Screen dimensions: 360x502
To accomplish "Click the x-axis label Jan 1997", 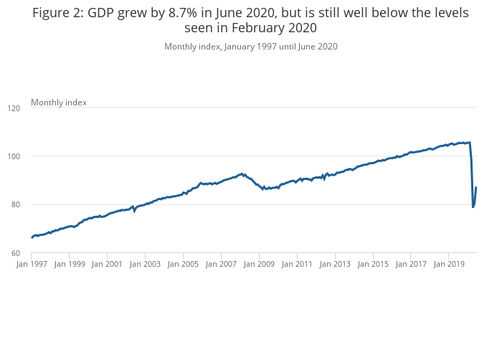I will point(32,264).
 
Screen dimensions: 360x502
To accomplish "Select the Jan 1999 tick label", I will point(70,264).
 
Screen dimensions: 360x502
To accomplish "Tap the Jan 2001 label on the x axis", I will point(107,264).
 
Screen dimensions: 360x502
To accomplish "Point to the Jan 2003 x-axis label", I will point(145,264).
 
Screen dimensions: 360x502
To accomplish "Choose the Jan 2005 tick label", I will point(183,264).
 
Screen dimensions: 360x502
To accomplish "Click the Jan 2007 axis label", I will point(221,264).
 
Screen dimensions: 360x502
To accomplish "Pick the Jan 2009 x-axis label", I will point(258,264).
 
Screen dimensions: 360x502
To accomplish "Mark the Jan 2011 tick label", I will point(296,264).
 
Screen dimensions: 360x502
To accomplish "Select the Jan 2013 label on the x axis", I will point(334,264).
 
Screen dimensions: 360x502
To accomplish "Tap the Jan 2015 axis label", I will point(372,264).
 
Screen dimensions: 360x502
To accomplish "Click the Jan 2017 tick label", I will point(410,264).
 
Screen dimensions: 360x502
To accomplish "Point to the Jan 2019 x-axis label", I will point(448,264).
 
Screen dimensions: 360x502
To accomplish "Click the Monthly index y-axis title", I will point(59,103).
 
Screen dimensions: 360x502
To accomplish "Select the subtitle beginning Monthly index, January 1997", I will point(250,47).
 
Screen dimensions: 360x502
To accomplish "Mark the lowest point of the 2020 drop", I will point(473,207).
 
